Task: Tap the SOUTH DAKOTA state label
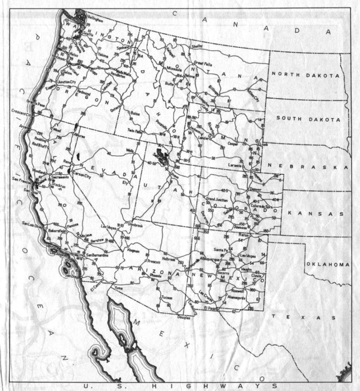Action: coord(309,119)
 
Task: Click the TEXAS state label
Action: coord(304,317)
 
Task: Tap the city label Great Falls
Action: coord(202,63)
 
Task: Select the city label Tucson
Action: coord(167,298)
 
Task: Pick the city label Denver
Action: coord(256,190)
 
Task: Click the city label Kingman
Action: coord(134,250)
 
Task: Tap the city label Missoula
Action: coord(173,69)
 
